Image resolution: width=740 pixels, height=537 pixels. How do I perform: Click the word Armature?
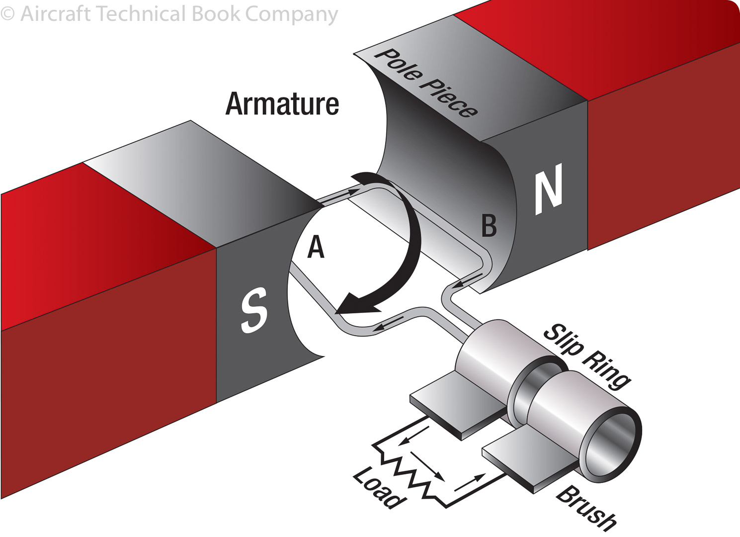coord(282,104)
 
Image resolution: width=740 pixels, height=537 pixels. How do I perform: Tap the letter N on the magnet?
coord(549,189)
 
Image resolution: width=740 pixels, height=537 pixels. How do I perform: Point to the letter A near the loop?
coord(316,247)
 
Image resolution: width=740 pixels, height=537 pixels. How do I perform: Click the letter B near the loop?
coord(489,226)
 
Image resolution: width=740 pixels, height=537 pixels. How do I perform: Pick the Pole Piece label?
coord(425,84)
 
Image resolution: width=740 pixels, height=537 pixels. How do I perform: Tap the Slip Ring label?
coord(586,355)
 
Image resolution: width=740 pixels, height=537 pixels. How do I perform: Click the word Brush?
coord(586,507)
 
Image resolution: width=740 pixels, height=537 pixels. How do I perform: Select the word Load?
coord(378,488)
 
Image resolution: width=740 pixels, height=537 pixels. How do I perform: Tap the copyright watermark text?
coord(169,13)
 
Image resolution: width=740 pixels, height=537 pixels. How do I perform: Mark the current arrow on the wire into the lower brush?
coord(470,482)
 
